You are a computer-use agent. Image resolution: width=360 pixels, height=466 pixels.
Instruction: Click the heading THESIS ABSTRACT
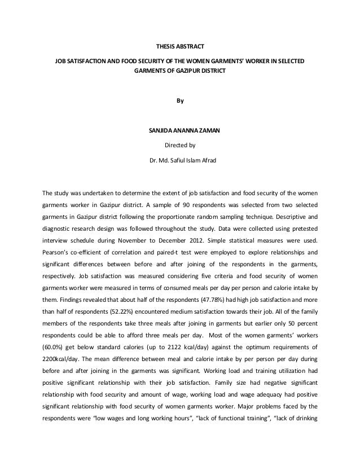[179, 46]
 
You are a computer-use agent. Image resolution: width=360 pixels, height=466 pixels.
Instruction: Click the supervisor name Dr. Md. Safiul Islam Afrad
[180, 161]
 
